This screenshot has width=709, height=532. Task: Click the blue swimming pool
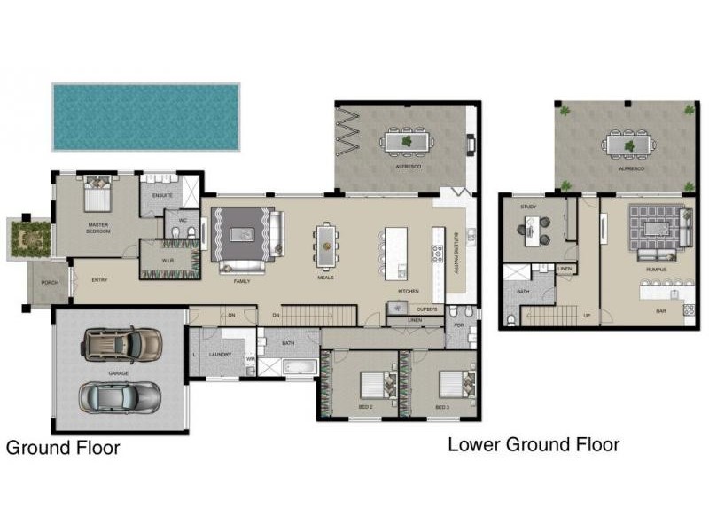(x=146, y=116)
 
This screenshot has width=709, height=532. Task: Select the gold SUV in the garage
(x=123, y=343)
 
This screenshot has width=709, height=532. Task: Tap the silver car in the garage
(x=120, y=396)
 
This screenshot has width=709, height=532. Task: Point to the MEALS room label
(x=326, y=278)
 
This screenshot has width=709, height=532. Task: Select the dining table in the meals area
(x=326, y=245)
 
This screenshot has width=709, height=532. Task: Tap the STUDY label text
(x=529, y=207)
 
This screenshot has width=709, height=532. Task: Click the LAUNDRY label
(x=219, y=355)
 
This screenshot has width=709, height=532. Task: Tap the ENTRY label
(x=99, y=280)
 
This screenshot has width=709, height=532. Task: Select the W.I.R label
(x=168, y=260)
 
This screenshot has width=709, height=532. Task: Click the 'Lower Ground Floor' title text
(x=533, y=443)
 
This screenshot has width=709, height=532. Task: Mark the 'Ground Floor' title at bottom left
(x=63, y=448)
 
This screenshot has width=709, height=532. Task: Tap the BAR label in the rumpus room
(x=660, y=311)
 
